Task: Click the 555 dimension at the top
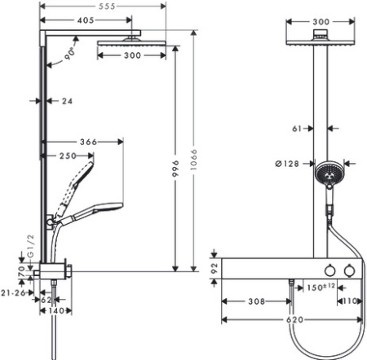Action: click(x=107, y=7)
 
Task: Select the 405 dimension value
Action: click(x=86, y=20)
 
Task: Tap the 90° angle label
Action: click(x=70, y=54)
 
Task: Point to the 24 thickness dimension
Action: click(x=67, y=101)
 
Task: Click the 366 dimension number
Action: click(x=88, y=142)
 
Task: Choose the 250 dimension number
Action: click(x=68, y=156)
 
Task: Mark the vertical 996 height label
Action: click(x=175, y=169)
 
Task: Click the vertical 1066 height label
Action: click(x=193, y=160)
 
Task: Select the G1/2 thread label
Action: click(x=32, y=246)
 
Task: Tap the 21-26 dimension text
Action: click(x=13, y=293)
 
